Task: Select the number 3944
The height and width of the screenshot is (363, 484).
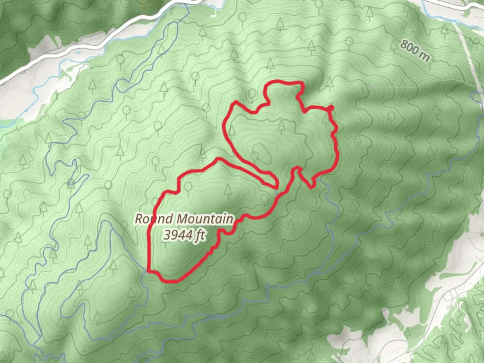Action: (x=178, y=235)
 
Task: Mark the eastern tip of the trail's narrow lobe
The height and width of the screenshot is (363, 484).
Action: (x=277, y=183)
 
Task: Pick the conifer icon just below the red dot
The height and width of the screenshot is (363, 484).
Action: (x=326, y=119)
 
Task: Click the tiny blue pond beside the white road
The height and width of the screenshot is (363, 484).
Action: (x=78, y=52)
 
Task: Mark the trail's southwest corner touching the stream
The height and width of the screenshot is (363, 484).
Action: (x=149, y=270)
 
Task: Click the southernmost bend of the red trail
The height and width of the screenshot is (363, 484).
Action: (x=171, y=281)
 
